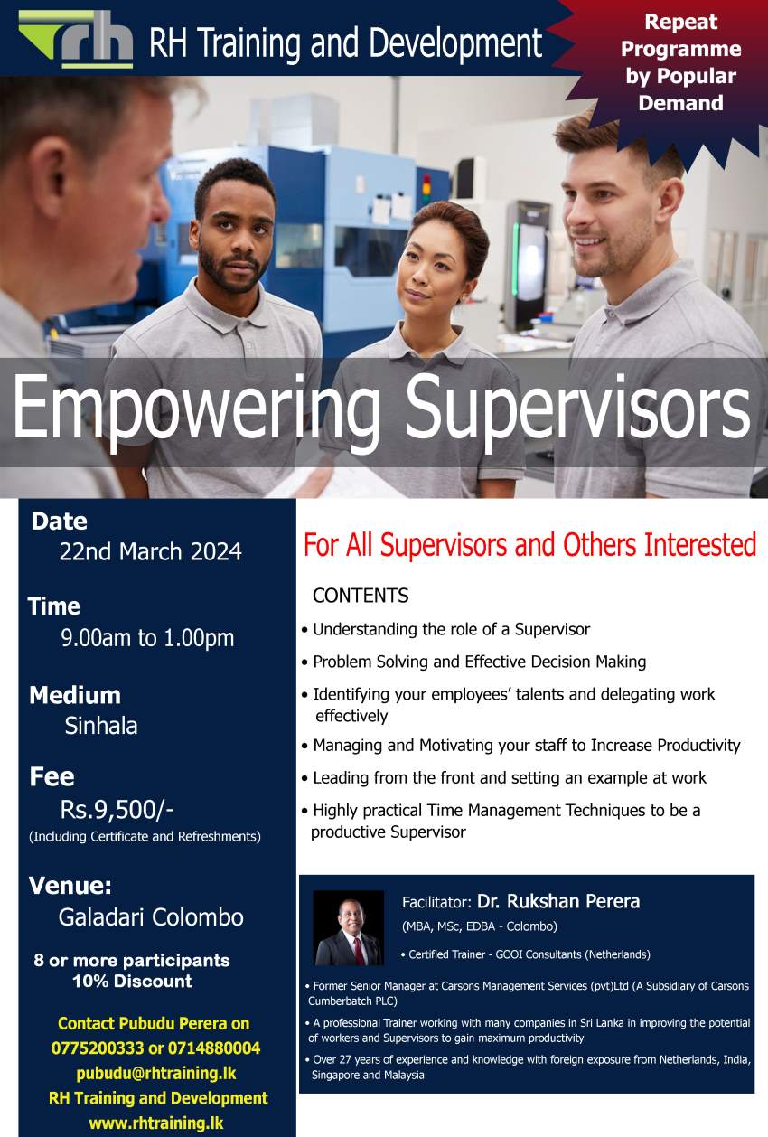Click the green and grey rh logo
(76, 39)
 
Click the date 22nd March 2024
(150, 551)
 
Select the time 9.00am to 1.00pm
(147, 638)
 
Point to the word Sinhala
(101, 726)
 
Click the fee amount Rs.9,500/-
(117, 809)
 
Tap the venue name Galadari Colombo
(151, 917)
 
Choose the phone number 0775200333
(98, 1048)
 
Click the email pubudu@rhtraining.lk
(156, 1073)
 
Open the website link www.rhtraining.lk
(156, 1123)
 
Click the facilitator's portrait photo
(349, 928)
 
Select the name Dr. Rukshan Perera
(558, 901)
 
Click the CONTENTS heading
(361, 596)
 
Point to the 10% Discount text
(133, 982)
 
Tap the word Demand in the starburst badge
(680, 103)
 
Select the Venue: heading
(70, 886)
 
